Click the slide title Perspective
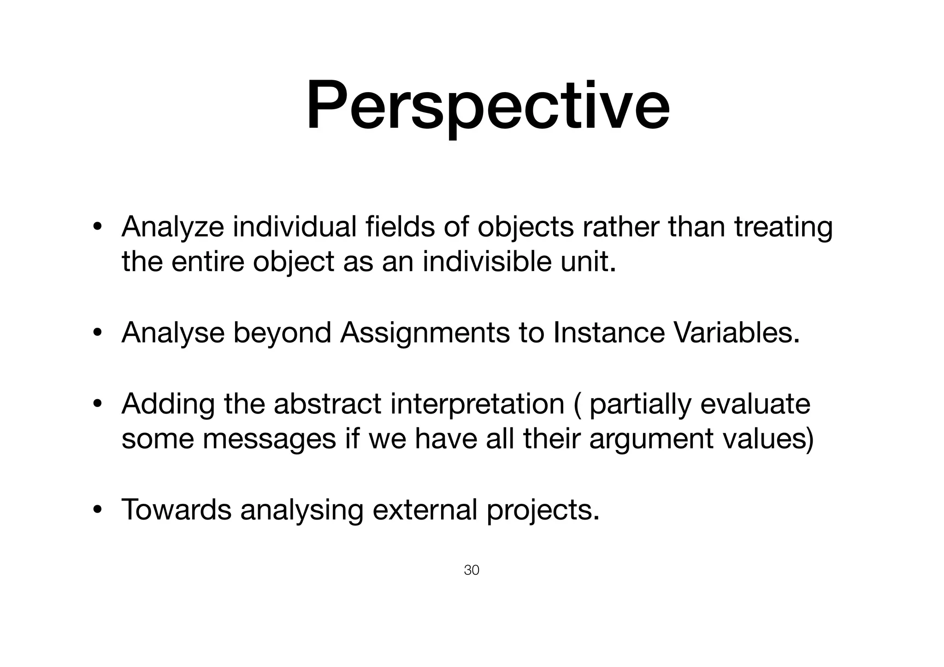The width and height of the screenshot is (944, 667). (488, 107)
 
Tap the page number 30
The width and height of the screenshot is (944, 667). (472, 570)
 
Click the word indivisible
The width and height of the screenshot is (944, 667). (487, 262)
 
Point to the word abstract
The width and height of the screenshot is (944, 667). (327, 404)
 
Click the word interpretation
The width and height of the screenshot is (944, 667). (477, 404)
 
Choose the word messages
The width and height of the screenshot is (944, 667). (269, 439)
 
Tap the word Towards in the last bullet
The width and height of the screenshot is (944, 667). (176, 509)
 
